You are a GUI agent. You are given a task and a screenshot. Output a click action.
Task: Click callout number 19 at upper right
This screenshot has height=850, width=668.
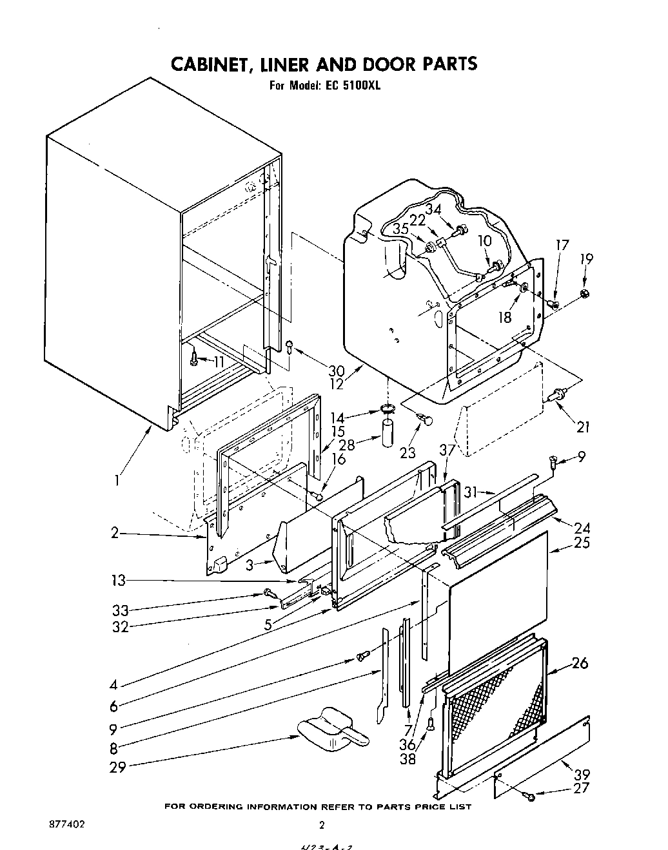click(x=585, y=259)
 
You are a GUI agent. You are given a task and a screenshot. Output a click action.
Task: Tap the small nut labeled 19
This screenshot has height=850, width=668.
click(x=584, y=294)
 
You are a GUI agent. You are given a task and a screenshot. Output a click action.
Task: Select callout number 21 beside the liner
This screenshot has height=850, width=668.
click(x=583, y=427)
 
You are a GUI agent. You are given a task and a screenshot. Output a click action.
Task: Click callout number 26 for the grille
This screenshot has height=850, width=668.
click(x=580, y=662)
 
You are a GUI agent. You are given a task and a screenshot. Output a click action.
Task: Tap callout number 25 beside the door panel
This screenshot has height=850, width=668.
click(x=581, y=543)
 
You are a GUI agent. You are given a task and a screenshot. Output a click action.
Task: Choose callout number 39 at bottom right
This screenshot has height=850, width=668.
click(x=582, y=774)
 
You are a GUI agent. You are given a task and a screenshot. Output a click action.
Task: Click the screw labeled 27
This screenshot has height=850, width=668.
click(x=531, y=797)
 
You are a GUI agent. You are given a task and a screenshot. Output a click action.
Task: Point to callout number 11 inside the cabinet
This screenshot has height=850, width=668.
click(x=219, y=362)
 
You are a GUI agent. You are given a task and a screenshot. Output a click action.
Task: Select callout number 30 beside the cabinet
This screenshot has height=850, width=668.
click(x=336, y=371)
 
